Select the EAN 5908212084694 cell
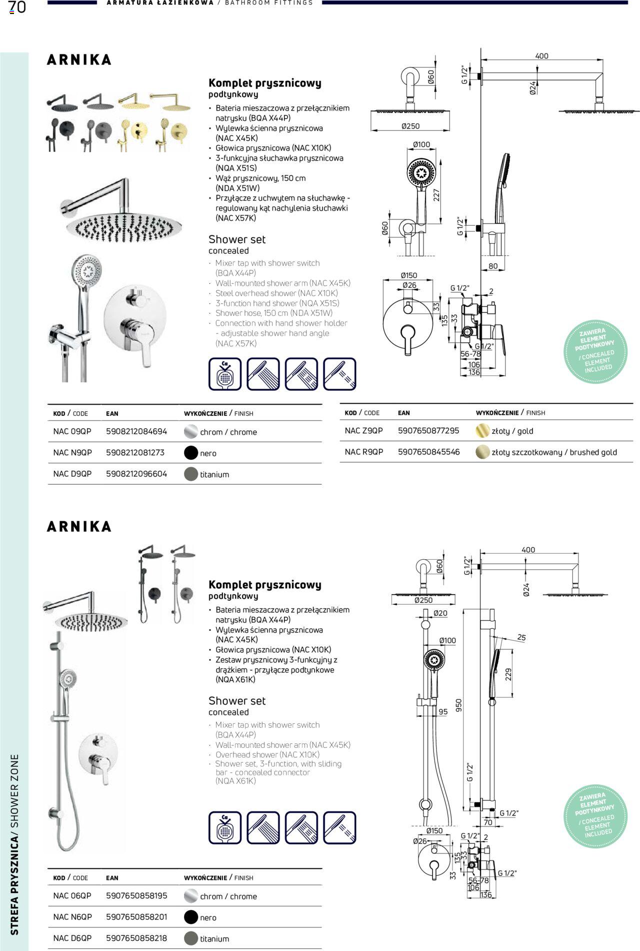(x=136, y=431)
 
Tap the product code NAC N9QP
(x=72, y=453)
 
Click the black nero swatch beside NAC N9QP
(x=191, y=453)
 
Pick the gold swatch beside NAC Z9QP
(x=482, y=431)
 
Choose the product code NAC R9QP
(x=364, y=452)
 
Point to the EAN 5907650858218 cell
(x=136, y=938)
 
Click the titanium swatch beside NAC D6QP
(x=191, y=938)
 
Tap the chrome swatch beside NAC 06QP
(x=191, y=896)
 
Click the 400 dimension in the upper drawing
(x=541, y=56)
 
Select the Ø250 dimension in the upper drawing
(x=410, y=126)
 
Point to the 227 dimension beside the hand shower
(x=436, y=195)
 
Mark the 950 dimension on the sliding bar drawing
(x=458, y=705)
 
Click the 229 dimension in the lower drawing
(x=508, y=674)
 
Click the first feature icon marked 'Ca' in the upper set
(x=225, y=374)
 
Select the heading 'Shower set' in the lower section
(x=237, y=700)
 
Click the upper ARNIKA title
(x=79, y=60)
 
